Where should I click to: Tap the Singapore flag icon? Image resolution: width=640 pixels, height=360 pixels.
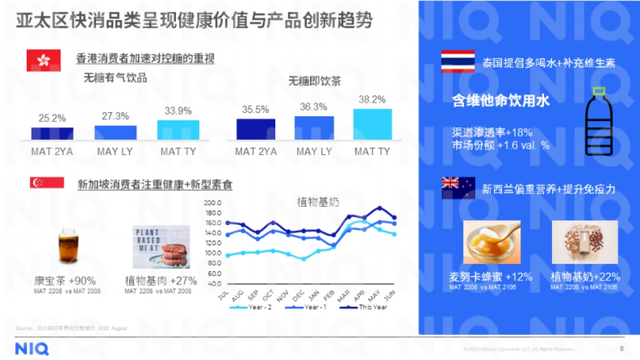46,183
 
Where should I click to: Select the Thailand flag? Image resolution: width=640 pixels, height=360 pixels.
458,61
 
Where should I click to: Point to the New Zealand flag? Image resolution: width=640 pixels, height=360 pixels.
458,188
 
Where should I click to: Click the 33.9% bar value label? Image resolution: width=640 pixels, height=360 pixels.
178,111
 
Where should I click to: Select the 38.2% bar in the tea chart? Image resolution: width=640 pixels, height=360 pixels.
372,124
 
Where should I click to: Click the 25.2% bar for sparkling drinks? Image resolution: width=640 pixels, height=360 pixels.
52,133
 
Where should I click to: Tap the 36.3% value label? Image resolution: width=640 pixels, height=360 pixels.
314,107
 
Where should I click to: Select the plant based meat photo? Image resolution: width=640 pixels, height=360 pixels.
161,247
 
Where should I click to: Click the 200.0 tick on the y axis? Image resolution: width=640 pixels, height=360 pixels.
212,203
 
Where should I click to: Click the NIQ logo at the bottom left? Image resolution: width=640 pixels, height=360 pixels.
31,349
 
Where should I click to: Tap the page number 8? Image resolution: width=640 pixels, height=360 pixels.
621,349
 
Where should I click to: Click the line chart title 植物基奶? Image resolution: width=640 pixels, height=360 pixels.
318,202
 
